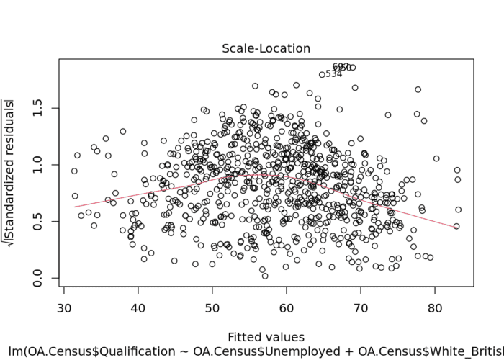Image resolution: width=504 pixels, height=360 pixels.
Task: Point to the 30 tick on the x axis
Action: [62, 308]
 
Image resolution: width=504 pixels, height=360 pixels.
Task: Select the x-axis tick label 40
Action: [137, 308]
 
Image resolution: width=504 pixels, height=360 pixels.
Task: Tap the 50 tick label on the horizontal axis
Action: [212, 308]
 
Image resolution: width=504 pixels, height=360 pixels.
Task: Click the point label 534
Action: [333, 73]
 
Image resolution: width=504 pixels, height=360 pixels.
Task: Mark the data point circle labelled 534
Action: [322, 74]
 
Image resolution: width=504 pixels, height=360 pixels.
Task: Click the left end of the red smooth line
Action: [74, 207]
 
